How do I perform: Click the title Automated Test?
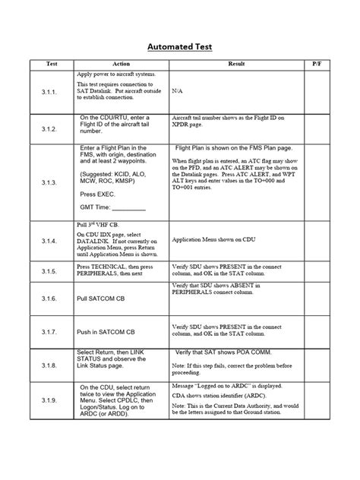coord(180,47)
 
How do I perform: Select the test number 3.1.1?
coord(49,90)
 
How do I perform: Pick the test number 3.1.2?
coord(49,129)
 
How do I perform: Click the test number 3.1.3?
coord(49,183)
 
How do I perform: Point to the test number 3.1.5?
coord(49,270)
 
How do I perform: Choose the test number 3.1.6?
coord(49,301)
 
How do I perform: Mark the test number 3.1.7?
coord(49,332)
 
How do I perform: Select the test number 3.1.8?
coord(49,365)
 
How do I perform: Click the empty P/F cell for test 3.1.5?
coord(317,270)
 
